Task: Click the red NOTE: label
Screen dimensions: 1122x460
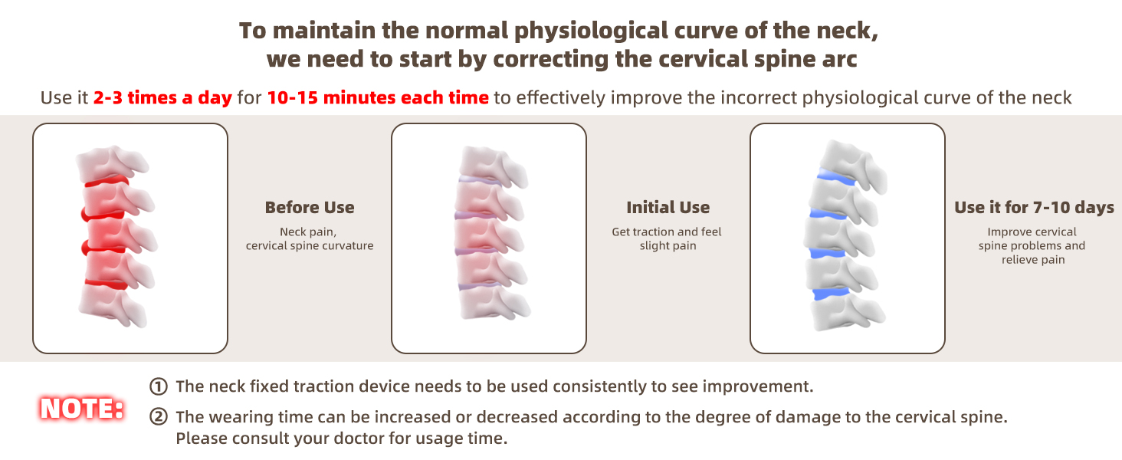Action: point(82,409)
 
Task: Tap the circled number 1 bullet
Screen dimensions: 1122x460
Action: point(159,386)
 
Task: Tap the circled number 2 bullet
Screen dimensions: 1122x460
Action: point(159,417)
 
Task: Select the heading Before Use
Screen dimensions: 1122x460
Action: point(310,208)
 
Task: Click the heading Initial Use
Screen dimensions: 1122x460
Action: point(668,208)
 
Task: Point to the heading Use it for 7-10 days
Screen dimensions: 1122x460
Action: point(1034,208)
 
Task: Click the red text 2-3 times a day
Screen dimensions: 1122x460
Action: point(162,97)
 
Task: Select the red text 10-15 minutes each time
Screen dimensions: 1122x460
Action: point(378,97)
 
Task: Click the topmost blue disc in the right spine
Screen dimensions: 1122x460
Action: point(835,177)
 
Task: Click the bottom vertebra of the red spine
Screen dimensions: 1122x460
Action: point(113,306)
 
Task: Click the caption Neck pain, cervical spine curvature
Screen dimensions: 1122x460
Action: point(310,238)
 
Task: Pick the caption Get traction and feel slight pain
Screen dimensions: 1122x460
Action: point(668,238)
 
